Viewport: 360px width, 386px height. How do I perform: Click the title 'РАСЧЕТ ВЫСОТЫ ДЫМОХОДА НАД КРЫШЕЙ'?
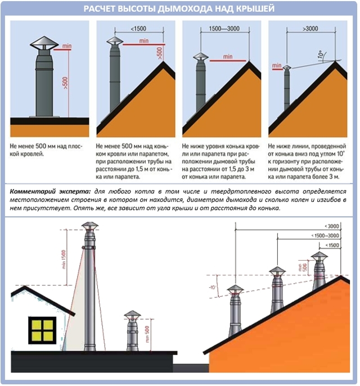pos(179,8)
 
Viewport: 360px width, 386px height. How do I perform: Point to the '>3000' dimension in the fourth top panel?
pos(310,28)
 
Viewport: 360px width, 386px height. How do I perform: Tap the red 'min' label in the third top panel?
pos(227,56)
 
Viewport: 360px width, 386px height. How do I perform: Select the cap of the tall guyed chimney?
pos(88,226)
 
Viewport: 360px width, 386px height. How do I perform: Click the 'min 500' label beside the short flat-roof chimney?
pos(147,335)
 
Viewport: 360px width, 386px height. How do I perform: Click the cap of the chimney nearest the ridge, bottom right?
pos(319,256)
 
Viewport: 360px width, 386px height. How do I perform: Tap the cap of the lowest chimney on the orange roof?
pos(235,290)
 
